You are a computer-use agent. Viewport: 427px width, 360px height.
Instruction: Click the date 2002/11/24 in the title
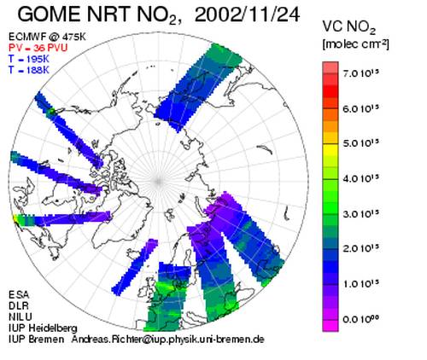tap(247, 15)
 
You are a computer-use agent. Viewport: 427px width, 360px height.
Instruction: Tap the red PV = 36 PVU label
tap(38, 48)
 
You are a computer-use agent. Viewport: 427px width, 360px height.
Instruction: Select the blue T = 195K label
tap(29, 59)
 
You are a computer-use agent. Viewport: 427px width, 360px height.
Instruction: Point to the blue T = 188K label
tap(29, 70)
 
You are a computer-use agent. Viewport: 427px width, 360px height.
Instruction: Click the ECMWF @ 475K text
tap(47, 37)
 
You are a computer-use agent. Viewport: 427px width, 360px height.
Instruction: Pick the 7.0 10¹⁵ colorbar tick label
tap(361, 73)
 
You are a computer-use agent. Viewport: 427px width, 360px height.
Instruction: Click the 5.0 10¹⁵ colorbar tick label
tap(361, 143)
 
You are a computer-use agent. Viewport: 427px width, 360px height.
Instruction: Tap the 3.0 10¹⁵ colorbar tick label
tap(361, 213)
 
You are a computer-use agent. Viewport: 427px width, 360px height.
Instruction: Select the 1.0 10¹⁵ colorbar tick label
tap(361, 283)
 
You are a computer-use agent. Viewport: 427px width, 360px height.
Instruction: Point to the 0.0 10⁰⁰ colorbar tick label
tap(361, 319)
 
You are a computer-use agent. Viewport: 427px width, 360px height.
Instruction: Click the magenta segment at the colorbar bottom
tap(330, 326)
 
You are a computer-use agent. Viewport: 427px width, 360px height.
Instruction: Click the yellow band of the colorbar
tap(330, 149)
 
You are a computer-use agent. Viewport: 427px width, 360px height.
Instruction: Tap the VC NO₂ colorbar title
tap(349, 28)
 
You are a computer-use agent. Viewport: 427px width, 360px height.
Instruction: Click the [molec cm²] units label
tap(355, 44)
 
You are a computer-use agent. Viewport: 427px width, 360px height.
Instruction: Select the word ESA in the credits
tap(19, 294)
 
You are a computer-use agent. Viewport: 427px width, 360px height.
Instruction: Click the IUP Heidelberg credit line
tap(43, 328)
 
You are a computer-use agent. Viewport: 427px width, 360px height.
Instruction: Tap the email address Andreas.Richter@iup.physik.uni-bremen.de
tap(167, 340)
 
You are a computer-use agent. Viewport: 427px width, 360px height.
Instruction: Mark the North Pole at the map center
tap(158, 181)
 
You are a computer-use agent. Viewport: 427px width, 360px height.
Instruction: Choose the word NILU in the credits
tap(20, 316)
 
